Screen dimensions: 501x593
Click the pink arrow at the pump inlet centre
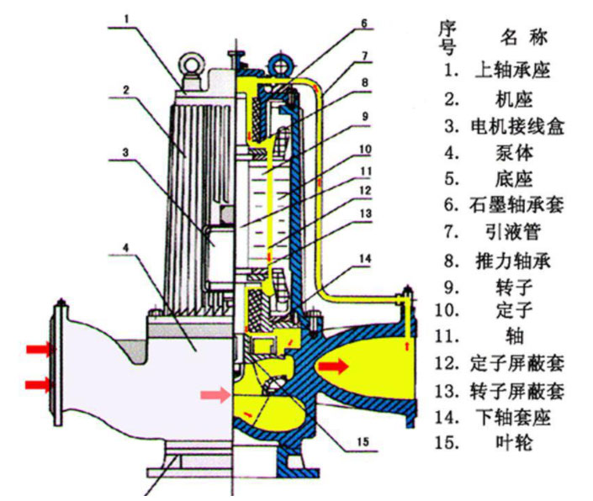[x=214, y=394]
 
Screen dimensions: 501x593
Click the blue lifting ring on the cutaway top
[x=278, y=62]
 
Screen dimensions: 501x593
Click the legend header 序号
[x=448, y=37]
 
